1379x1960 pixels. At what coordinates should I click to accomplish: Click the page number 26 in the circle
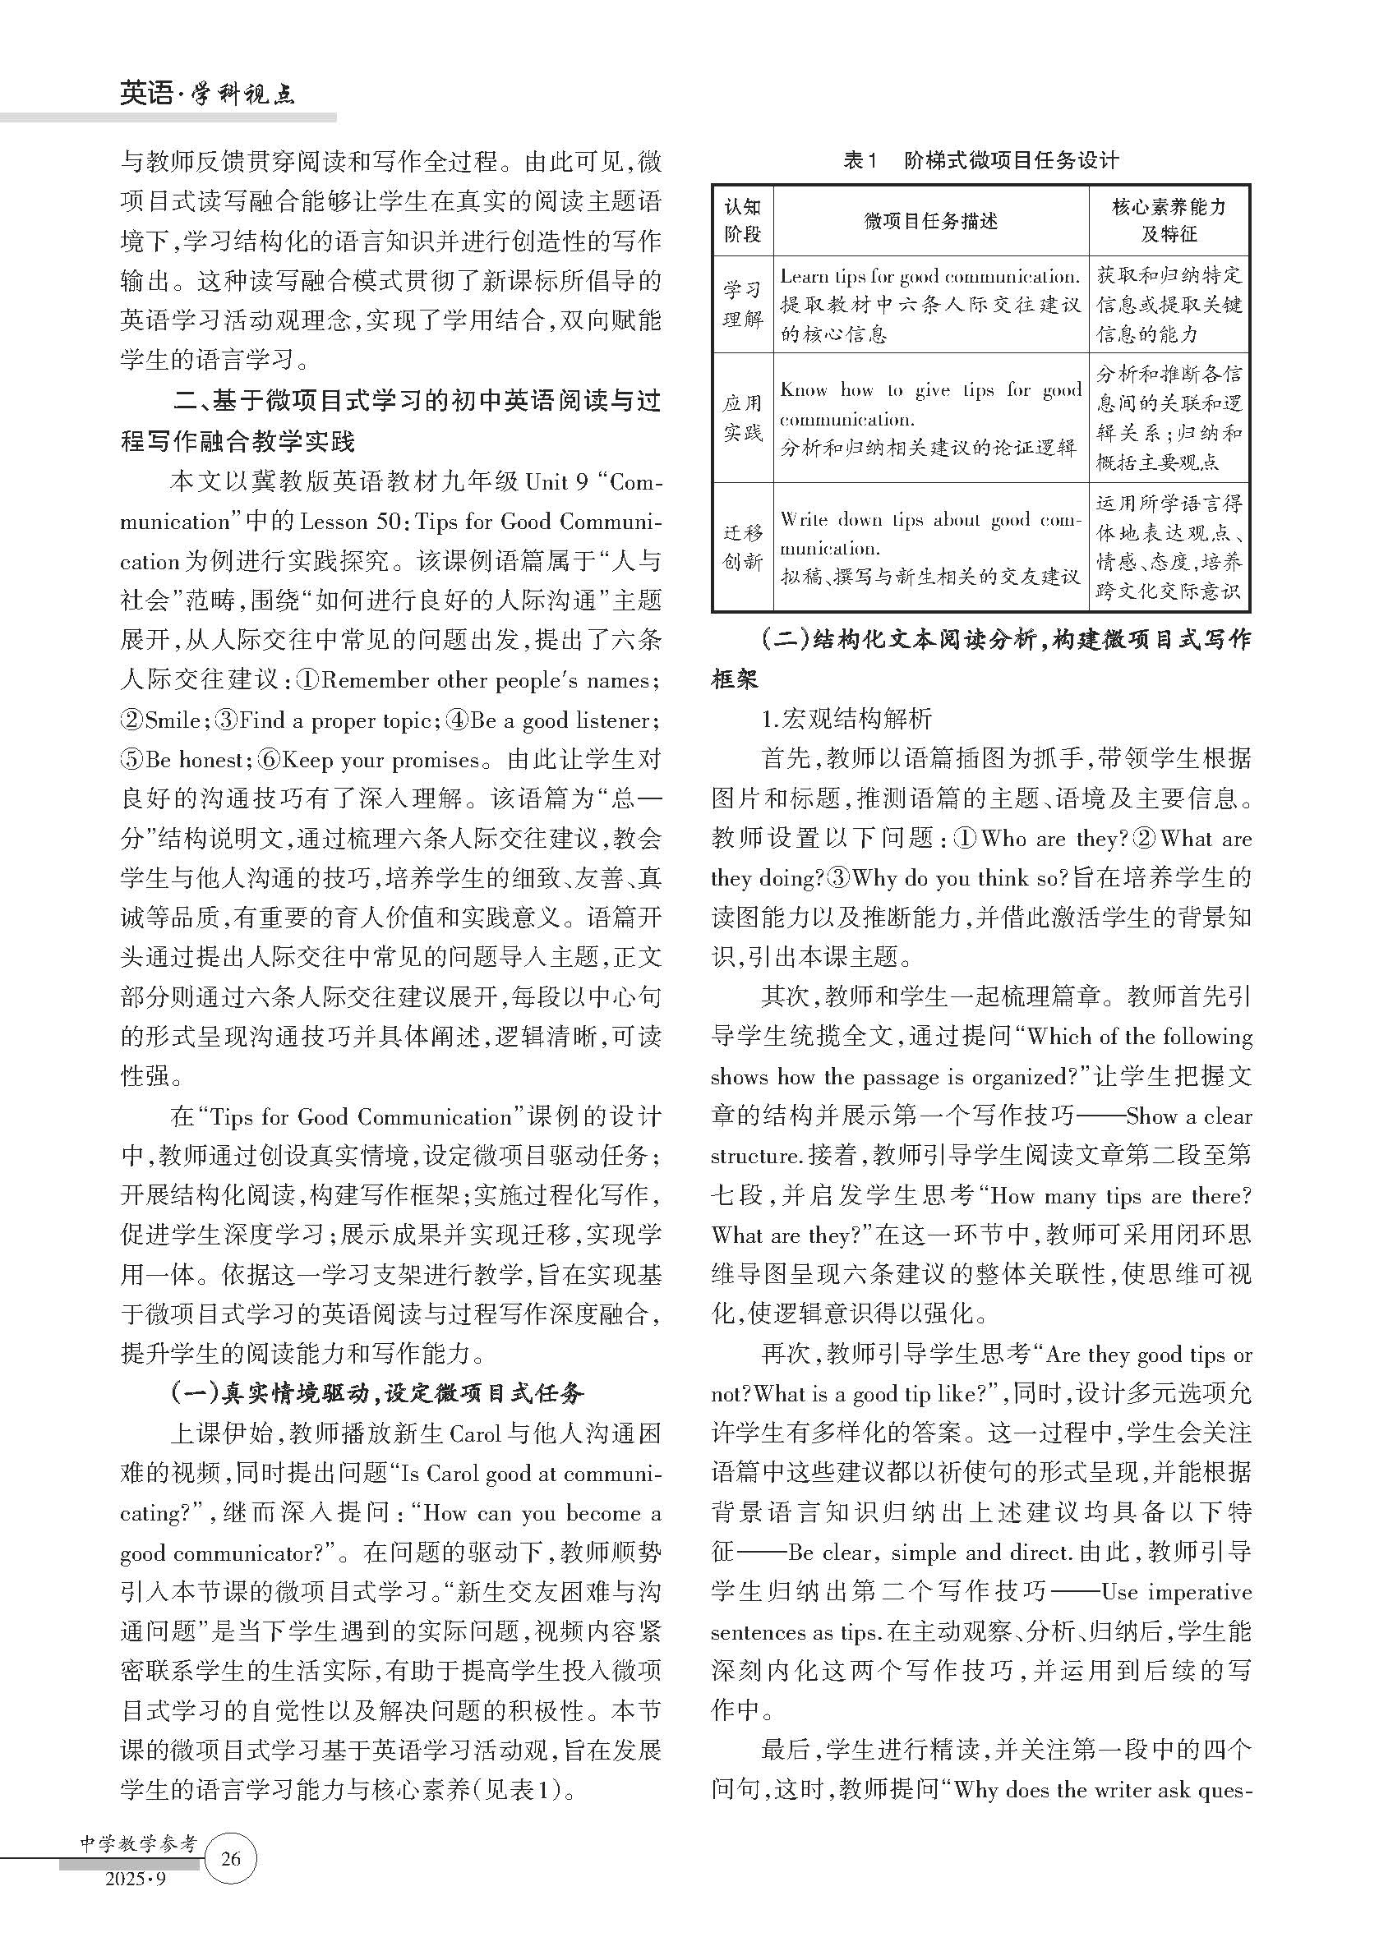[x=231, y=1858]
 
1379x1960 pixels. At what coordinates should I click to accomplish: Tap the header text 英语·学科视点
[x=206, y=92]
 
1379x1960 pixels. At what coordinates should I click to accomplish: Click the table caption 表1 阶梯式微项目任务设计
[x=980, y=160]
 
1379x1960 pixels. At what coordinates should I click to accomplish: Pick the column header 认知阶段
[x=742, y=220]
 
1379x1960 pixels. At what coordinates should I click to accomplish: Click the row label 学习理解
[x=742, y=304]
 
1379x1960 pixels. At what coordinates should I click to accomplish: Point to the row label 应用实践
[x=742, y=417]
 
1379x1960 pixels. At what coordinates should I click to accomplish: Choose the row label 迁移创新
[x=742, y=547]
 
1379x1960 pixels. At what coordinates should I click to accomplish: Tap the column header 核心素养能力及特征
[x=1168, y=220]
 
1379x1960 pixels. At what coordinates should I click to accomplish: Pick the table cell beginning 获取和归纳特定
[x=1168, y=304]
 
